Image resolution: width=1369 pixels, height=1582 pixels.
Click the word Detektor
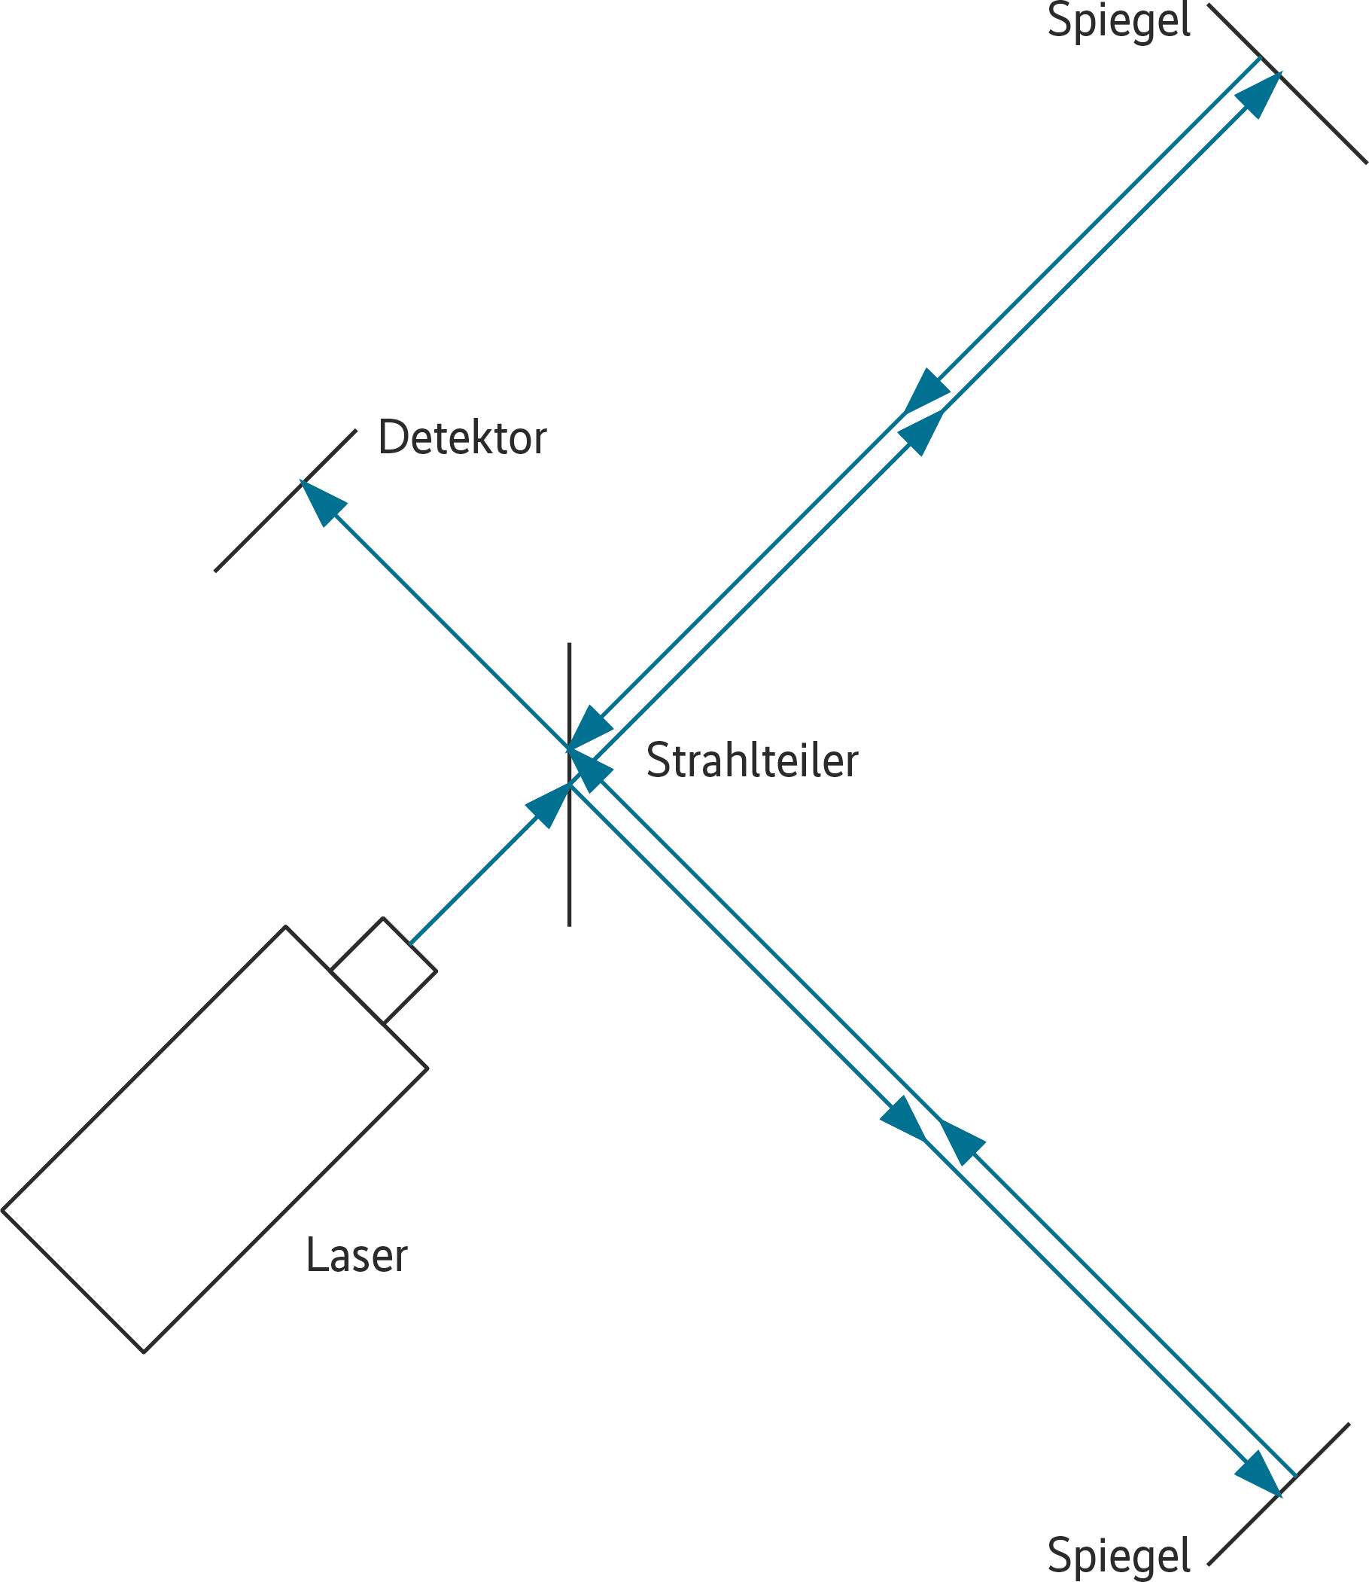(x=462, y=438)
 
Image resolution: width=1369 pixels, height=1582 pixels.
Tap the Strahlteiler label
(x=752, y=761)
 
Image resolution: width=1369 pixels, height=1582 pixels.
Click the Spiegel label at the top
(x=1118, y=21)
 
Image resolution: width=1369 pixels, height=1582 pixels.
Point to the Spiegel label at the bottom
(x=1118, y=1555)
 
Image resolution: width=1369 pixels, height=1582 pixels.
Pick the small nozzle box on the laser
(x=384, y=971)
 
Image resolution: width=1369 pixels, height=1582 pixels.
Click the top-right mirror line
(x=1322, y=118)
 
